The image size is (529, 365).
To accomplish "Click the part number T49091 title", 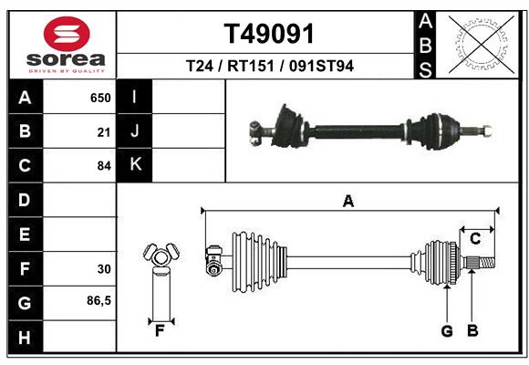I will (269, 34).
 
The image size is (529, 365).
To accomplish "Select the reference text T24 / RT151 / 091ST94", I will (269, 67).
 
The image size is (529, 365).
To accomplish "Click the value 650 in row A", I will (99, 98).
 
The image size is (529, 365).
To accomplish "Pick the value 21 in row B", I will (103, 132).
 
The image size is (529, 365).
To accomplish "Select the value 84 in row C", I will (103, 166).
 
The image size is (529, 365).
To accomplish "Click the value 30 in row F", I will (103, 269).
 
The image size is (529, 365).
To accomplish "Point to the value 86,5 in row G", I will (99, 301).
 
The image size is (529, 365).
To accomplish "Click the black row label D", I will (25, 200).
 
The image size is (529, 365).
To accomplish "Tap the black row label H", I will (25, 338).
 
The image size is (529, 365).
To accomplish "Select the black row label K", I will (135, 165).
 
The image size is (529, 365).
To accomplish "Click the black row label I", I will (135, 97).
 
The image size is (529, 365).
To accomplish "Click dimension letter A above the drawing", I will (347, 202).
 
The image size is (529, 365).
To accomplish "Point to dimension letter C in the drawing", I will (475, 238).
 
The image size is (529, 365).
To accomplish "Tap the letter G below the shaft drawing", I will (447, 331).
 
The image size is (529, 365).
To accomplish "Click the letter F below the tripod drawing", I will (160, 331).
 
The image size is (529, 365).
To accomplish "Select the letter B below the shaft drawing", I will (472, 331).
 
